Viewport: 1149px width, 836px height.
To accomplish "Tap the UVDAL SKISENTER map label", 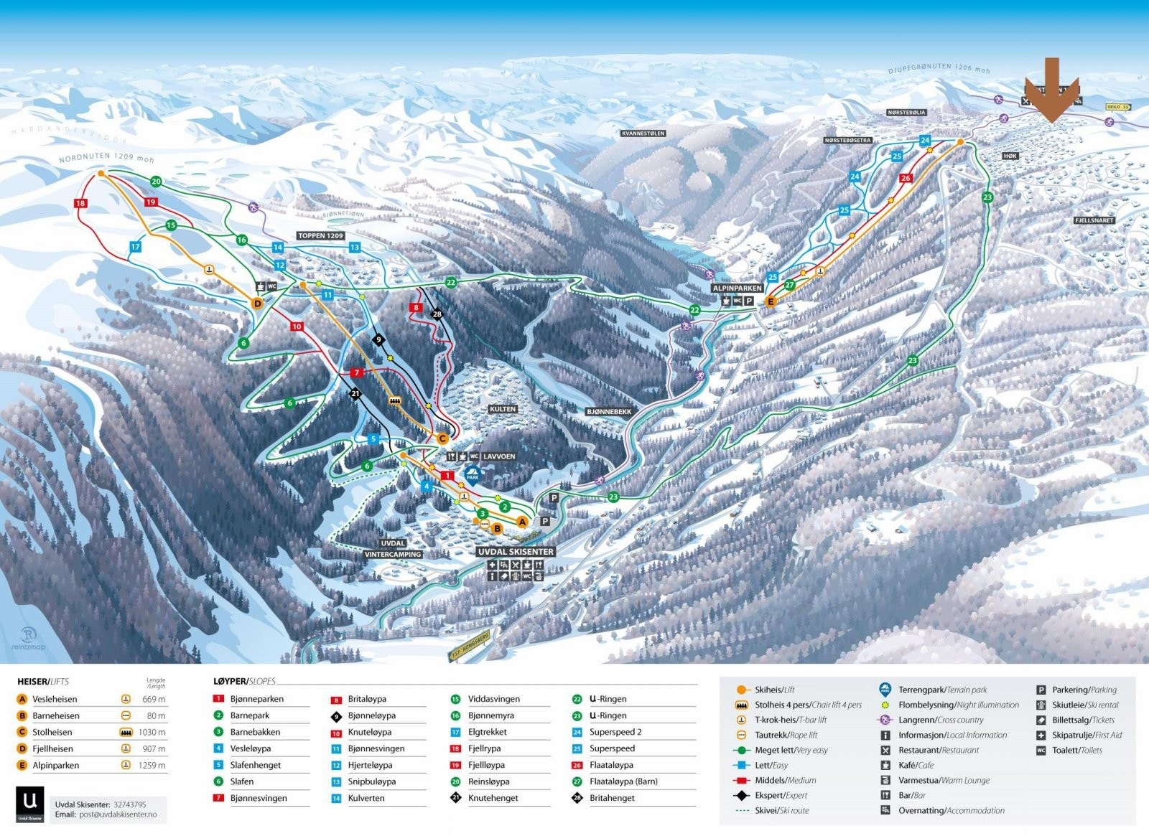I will [516, 552].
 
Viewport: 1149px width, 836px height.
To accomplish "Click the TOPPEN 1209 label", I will [320, 235].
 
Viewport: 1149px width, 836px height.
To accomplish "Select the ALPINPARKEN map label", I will [737, 288].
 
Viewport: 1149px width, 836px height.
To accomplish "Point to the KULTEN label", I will [503, 409].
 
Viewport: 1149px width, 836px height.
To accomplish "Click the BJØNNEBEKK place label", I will [608, 412].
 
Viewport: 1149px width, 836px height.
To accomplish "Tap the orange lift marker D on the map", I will [258, 304].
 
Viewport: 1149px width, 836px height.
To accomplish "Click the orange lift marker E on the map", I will [771, 302].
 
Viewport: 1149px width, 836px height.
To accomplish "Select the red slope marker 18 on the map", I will [80, 203].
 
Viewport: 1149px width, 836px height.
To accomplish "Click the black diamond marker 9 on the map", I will [378, 339].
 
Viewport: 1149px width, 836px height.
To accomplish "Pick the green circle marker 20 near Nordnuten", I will [156, 182].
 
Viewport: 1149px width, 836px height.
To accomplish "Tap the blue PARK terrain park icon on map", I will [472, 474].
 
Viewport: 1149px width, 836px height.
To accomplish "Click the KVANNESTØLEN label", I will [643, 133].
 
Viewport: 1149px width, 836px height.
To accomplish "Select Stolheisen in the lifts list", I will [52, 732].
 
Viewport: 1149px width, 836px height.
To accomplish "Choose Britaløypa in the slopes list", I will [367, 699].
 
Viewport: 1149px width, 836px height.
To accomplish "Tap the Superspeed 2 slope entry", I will [615, 732].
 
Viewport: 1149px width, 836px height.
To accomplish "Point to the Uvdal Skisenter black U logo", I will [30, 804].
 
